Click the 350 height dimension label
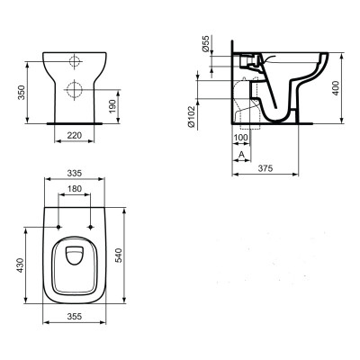click(x=21, y=93)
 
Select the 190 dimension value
click(x=112, y=106)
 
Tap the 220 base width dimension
click(x=74, y=136)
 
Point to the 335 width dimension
click(x=75, y=173)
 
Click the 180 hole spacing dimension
click(x=75, y=189)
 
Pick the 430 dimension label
click(x=20, y=265)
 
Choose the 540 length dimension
click(x=119, y=256)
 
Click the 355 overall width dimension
click(x=75, y=316)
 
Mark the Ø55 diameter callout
click(x=205, y=44)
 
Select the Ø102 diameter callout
click(x=192, y=116)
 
